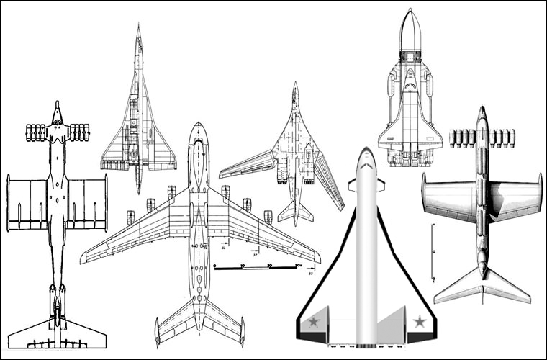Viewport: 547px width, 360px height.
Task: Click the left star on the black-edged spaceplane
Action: pos(314,321)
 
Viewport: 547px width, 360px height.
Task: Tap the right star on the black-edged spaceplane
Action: pos(419,321)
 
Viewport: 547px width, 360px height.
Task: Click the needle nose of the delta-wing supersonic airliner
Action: pos(139,27)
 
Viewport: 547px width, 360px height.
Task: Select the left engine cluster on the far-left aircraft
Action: pos(35,132)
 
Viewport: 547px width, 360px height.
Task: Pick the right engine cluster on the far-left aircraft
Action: pos(79,132)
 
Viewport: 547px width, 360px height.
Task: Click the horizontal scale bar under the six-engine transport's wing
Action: pos(256,267)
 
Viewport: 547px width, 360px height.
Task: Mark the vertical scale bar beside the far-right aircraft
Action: pos(433,252)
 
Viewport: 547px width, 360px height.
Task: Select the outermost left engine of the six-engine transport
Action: pos(130,217)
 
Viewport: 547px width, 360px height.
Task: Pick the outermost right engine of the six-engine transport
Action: pos(268,217)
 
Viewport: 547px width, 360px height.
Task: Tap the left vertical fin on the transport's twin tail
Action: pos(157,332)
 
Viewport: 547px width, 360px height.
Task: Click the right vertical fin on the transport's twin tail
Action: pos(242,332)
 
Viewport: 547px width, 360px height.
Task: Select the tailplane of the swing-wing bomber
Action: pos(295,212)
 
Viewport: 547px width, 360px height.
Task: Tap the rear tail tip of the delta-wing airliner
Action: pos(138,191)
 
